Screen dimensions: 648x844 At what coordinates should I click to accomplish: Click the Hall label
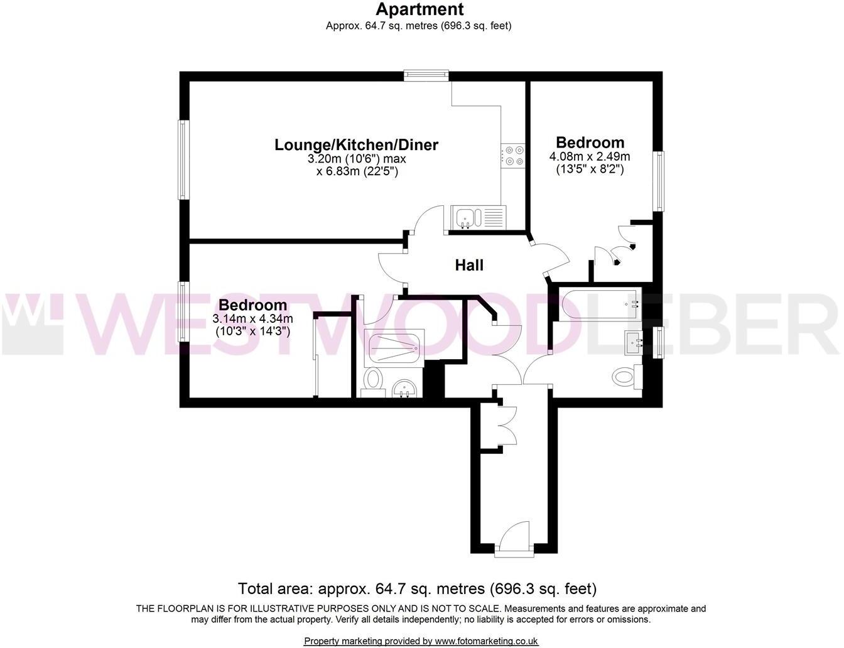click(469, 266)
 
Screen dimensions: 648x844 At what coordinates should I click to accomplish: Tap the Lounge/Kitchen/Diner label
click(356, 145)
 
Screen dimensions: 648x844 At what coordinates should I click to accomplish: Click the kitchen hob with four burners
click(513, 156)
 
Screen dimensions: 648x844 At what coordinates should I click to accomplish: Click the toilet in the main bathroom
click(624, 377)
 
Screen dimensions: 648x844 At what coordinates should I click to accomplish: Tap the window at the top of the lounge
click(426, 76)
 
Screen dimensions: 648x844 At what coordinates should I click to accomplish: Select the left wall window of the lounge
click(183, 160)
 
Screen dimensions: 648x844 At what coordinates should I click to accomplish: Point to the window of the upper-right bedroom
click(659, 181)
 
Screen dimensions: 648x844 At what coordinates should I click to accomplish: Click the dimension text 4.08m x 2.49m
click(590, 156)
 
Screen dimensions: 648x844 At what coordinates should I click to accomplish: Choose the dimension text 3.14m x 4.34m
click(253, 319)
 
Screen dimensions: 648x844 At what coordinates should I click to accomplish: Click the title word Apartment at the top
click(419, 9)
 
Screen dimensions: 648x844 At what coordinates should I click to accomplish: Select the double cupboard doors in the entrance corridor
click(506, 427)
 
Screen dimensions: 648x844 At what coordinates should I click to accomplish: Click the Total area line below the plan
click(417, 589)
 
